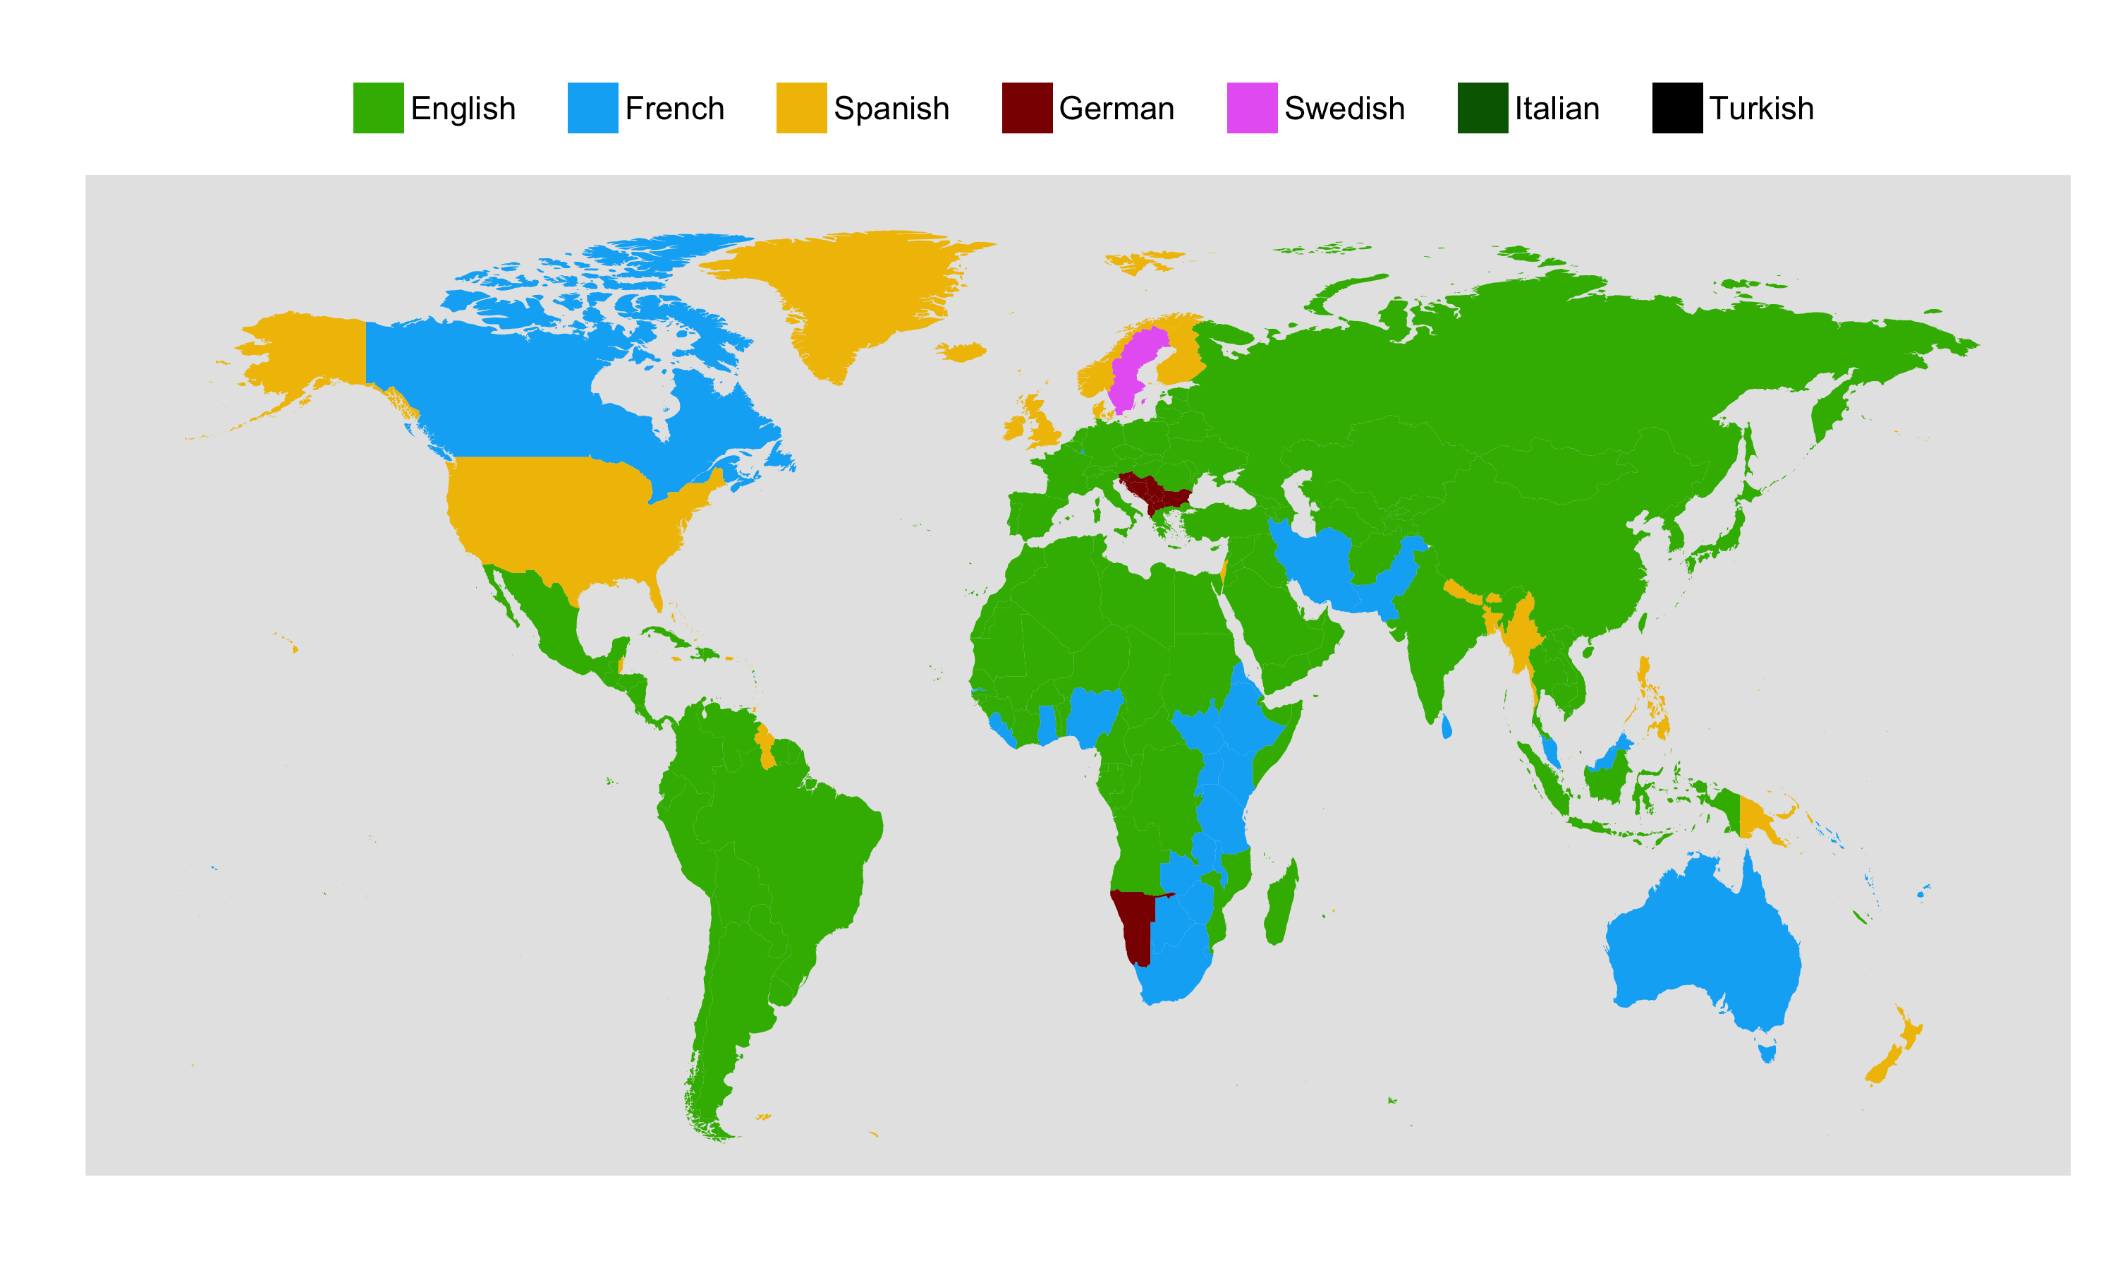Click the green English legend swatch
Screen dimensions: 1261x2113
(378, 108)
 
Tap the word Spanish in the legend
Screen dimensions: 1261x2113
(891, 109)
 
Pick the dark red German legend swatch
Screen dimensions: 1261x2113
(1027, 108)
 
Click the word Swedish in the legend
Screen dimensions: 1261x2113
(1344, 109)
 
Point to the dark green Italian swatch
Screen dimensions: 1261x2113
(1482, 108)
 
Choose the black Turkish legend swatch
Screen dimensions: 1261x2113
(1676, 108)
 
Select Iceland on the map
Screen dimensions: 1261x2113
(961, 351)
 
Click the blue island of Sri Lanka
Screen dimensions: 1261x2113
(1447, 727)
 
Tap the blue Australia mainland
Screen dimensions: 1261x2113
(1698, 943)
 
